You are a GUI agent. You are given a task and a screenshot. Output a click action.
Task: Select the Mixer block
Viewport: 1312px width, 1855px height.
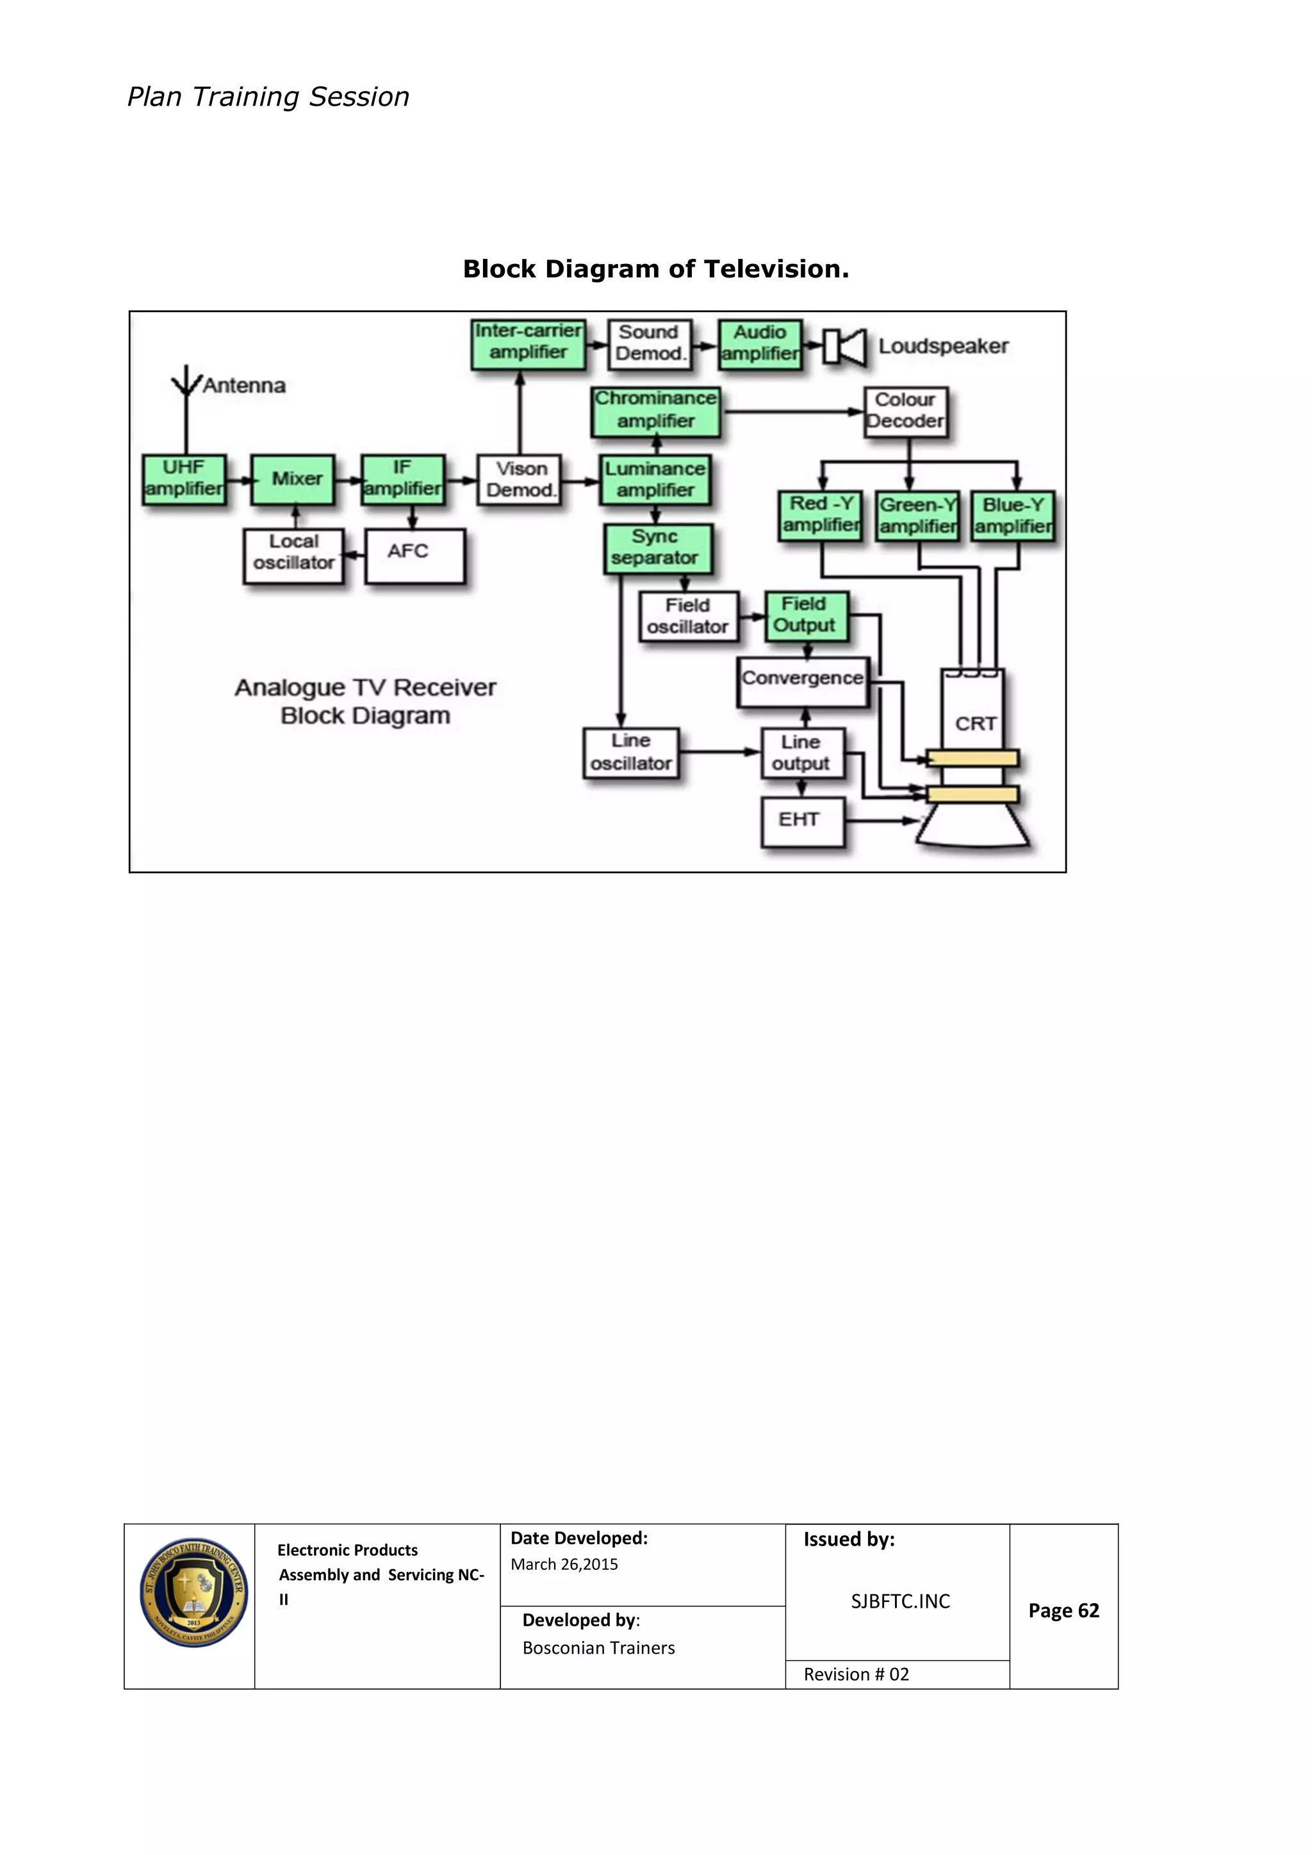coord(293,479)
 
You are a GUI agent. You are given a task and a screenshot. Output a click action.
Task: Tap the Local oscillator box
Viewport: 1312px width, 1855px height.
coord(293,555)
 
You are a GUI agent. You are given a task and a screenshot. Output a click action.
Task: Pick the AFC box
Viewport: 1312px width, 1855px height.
coord(414,555)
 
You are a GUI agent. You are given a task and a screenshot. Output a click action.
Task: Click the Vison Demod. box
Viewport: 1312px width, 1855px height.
coord(520,480)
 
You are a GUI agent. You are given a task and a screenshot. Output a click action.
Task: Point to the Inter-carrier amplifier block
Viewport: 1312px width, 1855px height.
coord(529,343)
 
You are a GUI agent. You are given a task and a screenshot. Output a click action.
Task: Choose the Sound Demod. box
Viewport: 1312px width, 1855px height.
coord(650,344)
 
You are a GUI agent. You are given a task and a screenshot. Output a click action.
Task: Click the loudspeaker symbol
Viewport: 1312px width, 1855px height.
coord(845,347)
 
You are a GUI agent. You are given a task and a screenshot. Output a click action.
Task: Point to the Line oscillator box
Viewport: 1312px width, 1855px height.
coord(631,753)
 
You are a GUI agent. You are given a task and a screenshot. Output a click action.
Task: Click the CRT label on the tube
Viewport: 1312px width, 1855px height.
coord(975,724)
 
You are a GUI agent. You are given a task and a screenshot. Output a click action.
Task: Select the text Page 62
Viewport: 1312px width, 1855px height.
coord(1063,1611)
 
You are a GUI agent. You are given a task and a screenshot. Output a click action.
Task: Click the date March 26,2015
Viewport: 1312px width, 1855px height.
coord(564,1564)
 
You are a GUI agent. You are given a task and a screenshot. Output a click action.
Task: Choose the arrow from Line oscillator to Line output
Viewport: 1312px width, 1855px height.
coord(719,752)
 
